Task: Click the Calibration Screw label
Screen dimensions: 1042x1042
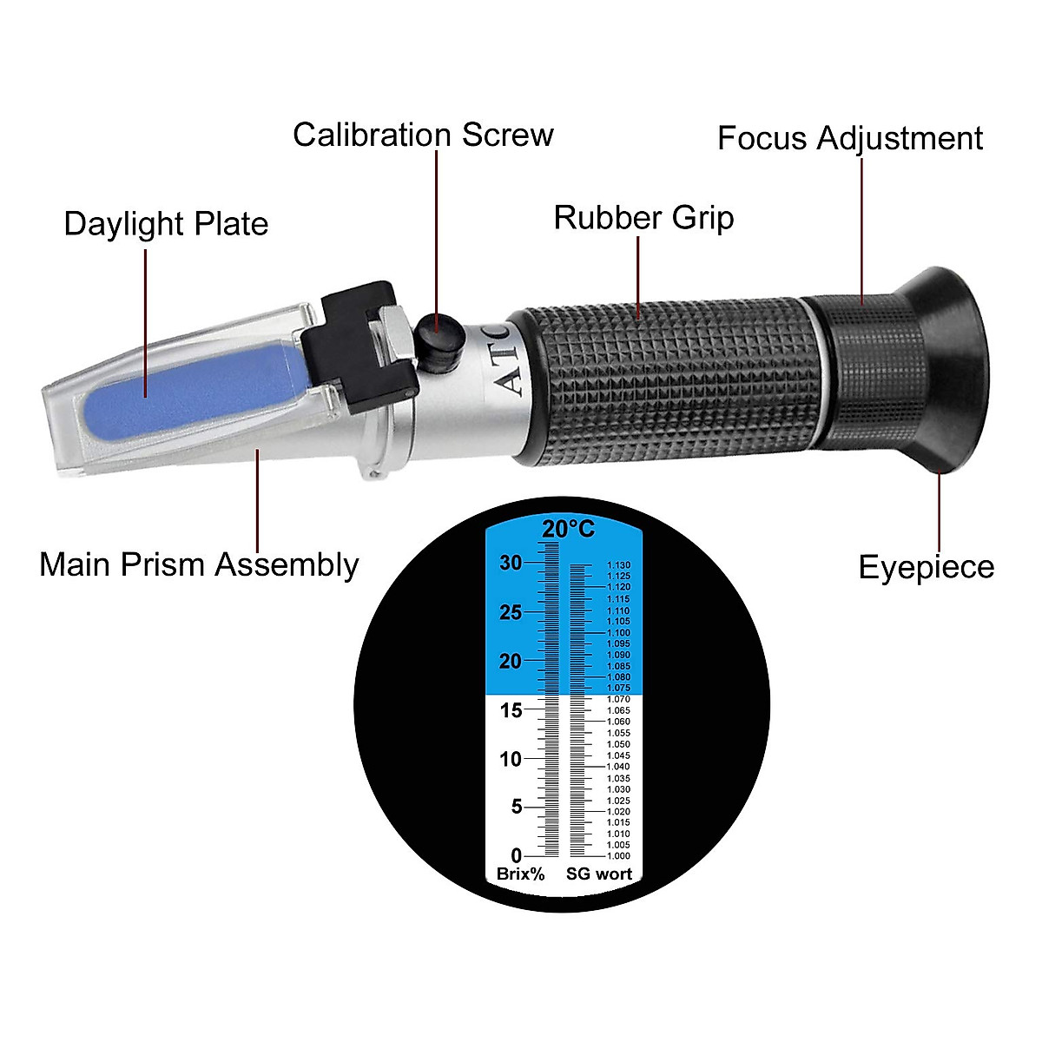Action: pyautogui.click(x=423, y=135)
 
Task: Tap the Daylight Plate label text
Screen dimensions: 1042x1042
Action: pyautogui.click(x=166, y=224)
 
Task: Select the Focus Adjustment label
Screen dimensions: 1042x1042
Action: pyautogui.click(x=849, y=139)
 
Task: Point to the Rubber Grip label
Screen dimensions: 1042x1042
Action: pyautogui.click(x=643, y=218)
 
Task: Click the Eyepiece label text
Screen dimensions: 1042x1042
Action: pyautogui.click(x=926, y=567)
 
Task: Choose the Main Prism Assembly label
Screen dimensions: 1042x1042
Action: pyautogui.click(x=199, y=564)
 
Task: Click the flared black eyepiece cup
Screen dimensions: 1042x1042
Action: pyautogui.click(x=946, y=369)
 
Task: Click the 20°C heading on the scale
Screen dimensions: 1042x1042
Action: pyautogui.click(x=568, y=529)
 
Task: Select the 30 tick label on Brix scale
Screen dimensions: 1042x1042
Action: pyautogui.click(x=511, y=564)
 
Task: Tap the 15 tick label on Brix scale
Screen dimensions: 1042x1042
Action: pyautogui.click(x=511, y=710)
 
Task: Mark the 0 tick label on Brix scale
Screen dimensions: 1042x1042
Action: pyautogui.click(x=516, y=856)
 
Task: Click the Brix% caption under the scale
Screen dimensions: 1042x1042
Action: pyautogui.click(x=520, y=874)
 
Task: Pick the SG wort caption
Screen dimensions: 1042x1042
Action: pyautogui.click(x=599, y=874)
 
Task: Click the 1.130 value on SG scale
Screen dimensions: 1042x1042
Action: pyautogui.click(x=619, y=565)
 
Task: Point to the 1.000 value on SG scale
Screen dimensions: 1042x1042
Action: pyautogui.click(x=619, y=856)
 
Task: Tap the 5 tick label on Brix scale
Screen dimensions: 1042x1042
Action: pyautogui.click(x=516, y=808)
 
